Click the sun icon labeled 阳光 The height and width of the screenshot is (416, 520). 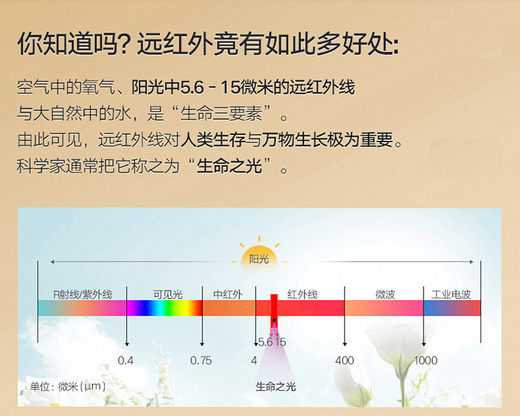point(259,258)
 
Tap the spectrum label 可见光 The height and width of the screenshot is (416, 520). point(168,294)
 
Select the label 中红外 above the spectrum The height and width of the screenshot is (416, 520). point(227,294)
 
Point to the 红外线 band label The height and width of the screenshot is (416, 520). point(302,294)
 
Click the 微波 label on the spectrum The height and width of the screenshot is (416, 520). point(385,294)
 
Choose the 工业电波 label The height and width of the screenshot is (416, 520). point(451,294)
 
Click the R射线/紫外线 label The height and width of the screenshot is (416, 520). point(83,294)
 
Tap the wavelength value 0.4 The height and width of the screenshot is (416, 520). point(125,361)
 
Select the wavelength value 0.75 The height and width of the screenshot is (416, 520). point(200,361)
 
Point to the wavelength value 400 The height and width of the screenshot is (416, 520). point(344,361)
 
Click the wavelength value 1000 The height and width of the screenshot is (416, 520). point(426,361)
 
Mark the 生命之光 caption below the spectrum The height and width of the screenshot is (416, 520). point(275,386)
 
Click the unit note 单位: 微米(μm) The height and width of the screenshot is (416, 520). point(68,386)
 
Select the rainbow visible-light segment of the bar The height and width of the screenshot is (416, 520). point(164,308)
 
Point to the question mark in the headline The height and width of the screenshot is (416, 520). point(126,44)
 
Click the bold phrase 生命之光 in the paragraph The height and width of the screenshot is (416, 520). point(229,166)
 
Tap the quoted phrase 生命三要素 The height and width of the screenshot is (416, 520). point(221,113)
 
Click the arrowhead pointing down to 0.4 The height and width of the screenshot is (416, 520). point(126,345)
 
